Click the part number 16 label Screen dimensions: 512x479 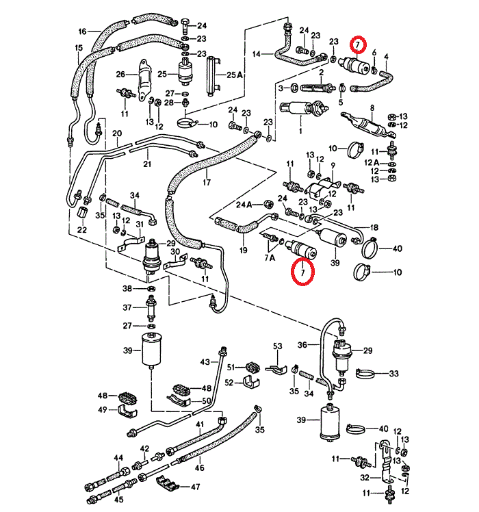tap(83, 31)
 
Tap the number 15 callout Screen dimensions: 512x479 tap(78, 47)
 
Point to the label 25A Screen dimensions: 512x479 tap(235, 75)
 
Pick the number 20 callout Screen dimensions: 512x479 tap(117, 133)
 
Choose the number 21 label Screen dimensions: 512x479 tap(146, 164)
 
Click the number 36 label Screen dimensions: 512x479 tap(302, 344)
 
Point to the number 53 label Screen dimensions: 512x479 tap(277, 347)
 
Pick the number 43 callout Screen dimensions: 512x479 tap(205, 361)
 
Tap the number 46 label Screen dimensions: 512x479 tap(199, 468)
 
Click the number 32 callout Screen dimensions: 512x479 tap(364, 478)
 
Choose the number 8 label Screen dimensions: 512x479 tap(372, 107)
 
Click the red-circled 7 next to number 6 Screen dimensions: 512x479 tap(358, 45)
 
